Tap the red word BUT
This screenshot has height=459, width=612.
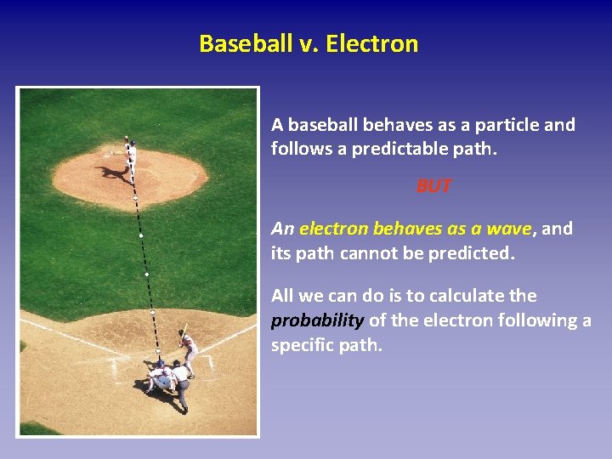tap(433, 186)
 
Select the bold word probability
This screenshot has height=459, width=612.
tap(317, 320)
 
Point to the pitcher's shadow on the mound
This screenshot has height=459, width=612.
tap(113, 173)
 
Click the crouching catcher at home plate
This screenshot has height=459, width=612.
tap(159, 375)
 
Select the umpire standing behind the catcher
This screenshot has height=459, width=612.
tap(180, 382)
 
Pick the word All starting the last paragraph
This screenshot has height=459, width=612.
tap(284, 296)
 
